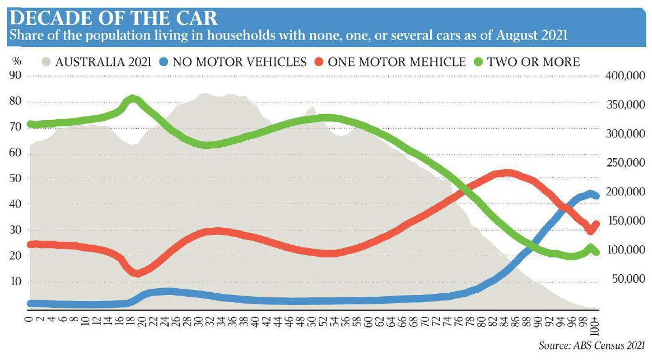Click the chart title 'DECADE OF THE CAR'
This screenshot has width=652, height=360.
(113, 17)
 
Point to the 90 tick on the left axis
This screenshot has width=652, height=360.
(16, 76)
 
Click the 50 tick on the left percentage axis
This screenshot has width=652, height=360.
(16, 179)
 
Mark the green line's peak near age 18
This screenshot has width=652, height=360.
(133, 99)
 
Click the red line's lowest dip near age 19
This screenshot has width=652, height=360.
(137, 273)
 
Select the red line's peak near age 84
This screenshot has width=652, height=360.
(507, 173)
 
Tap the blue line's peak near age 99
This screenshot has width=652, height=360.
(590, 194)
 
